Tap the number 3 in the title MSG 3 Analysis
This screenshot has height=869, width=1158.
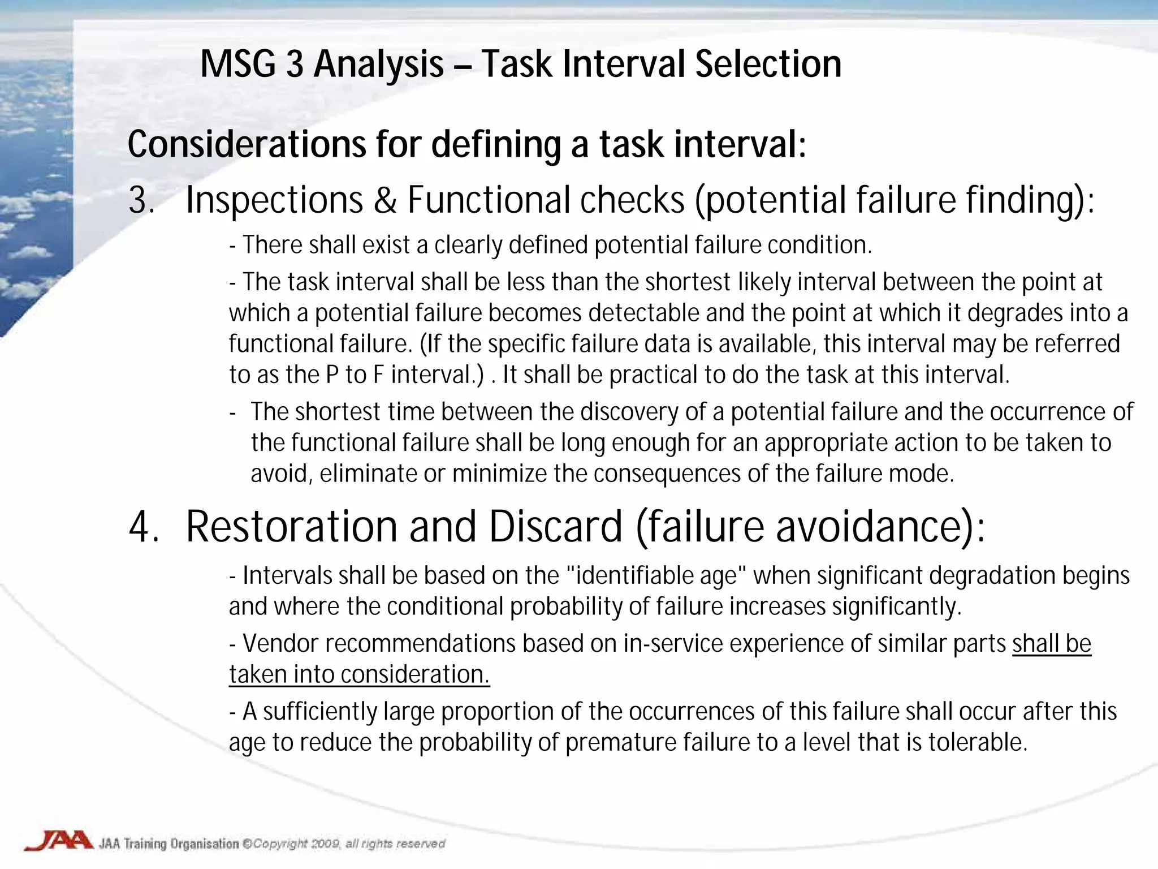coord(294,64)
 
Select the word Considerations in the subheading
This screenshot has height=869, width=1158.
coord(247,144)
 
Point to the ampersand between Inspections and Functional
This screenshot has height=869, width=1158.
coord(385,200)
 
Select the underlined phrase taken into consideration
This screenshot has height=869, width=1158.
coord(359,674)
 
